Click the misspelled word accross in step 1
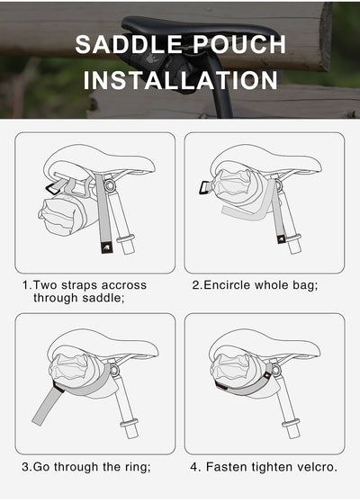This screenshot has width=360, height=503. coord(122,285)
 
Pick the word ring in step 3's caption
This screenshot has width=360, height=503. coord(132,467)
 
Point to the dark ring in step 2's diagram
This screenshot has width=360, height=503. coord(206,188)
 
